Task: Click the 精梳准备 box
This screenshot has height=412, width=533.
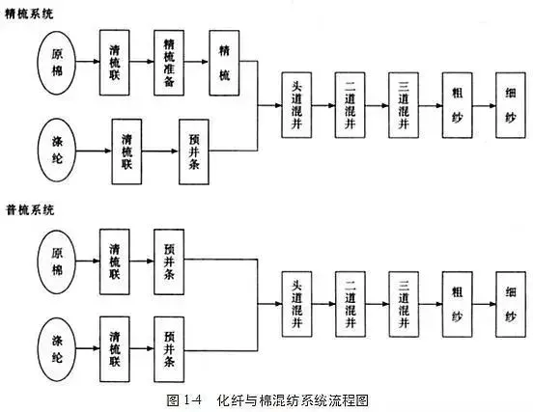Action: point(169,63)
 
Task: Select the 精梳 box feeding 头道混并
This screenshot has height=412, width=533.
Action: point(224,63)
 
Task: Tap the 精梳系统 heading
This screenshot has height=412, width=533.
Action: point(29,14)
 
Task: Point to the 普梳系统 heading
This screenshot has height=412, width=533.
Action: point(30,210)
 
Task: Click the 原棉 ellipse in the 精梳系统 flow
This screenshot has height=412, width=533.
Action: point(56,63)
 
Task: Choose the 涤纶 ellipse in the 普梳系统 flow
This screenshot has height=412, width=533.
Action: point(56,349)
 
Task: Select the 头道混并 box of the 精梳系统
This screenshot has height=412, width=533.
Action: point(296,105)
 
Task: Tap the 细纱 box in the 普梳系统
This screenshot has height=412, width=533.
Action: point(511,304)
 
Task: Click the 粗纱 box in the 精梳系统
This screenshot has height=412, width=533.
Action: point(457,105)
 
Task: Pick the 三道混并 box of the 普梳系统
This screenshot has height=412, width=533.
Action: point(404,304)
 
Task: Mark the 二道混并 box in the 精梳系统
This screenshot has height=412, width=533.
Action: point(351,105)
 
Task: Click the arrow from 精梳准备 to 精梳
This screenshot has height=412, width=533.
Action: point(196,62)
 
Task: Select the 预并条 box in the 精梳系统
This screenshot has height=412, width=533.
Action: point(194,151)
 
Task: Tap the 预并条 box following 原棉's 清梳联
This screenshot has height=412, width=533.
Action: point(169,261)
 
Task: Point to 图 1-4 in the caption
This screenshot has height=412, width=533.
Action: point(184,400)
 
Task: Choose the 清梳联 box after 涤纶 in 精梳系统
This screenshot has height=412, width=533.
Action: point(126,151)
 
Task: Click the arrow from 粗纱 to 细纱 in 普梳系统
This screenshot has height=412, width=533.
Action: point(484,304)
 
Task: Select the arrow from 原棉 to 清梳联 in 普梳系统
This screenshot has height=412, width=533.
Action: point(88,261)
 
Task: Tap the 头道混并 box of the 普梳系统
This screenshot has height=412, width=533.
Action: point(296,304)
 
